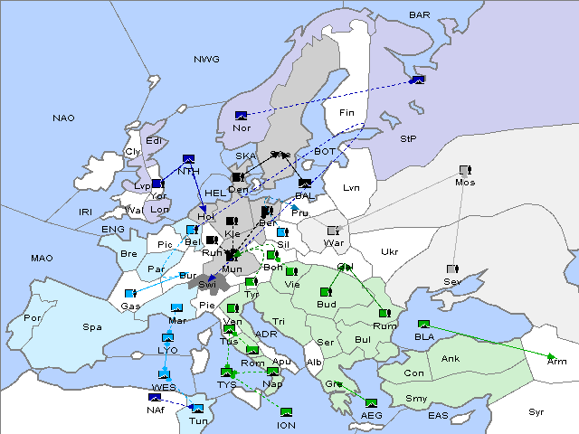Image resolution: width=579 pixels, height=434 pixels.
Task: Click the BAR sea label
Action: [420, 14]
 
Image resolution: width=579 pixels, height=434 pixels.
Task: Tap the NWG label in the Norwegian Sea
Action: [206, 60]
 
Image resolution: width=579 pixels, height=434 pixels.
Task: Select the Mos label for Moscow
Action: [465, 183]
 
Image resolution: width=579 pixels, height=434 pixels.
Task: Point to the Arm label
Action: [557, 361]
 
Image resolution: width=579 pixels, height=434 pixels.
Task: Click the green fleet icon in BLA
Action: [423, 325]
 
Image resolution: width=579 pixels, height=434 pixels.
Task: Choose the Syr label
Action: [536, 411]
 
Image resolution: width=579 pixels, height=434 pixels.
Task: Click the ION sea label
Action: [286, 424]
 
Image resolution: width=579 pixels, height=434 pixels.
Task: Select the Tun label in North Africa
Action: [197, 421]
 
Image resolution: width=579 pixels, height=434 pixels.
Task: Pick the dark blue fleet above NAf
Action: [155, 397]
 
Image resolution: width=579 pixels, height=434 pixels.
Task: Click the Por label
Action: [33, 318]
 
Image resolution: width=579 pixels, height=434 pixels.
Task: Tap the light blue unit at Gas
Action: [131, 294]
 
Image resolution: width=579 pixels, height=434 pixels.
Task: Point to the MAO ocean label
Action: [42, 259]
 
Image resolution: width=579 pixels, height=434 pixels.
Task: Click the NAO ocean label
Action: [63, 118]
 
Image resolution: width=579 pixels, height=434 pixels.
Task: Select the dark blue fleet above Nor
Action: [241, 116]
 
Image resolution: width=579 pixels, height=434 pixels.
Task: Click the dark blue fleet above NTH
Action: [189, 158]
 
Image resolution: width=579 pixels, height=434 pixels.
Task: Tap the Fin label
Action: [346, 113]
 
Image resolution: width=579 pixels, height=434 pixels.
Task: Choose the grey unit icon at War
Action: [333, 231]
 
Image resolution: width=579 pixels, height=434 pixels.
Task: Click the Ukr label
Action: [389, 251]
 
